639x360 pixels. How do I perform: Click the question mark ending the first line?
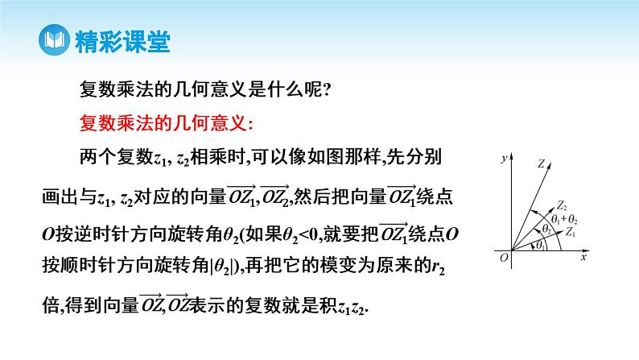tap(326, 90)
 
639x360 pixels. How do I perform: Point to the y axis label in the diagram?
tap(502, 158)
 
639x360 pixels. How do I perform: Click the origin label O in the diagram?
tap(502, 257)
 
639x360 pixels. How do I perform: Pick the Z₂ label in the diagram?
tap(562, 205)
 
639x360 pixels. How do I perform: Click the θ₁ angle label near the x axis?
tap(538, 244)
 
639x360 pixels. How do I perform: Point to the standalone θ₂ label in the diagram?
tap(546, 229)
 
